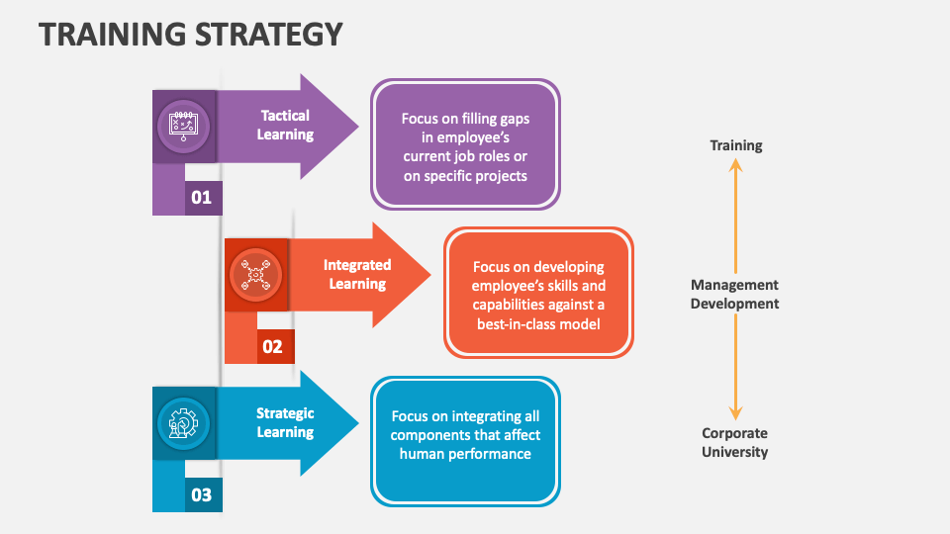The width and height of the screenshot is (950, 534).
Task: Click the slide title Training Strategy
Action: tap(190, 35)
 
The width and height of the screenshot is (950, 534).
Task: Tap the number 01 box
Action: tap(202, 198)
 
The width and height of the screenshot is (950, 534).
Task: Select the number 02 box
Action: tap(273, 347)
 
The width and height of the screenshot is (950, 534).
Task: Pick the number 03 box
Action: tap(202, 494)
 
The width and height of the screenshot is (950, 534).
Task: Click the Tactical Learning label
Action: tap(285, 125)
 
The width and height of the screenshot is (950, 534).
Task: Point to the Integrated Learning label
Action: tap(357, 274)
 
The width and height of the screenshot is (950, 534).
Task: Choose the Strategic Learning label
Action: tap(285, 423)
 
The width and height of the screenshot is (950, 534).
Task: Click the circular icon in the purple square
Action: tap(184, 126)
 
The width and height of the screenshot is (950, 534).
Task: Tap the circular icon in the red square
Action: tap(256, 274)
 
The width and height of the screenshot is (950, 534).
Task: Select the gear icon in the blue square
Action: tap(184, 423)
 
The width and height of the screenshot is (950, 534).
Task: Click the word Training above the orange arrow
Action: tap(735, 145)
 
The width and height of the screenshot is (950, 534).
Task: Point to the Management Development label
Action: tap(735, 294)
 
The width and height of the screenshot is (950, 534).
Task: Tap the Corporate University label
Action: tap(735, 442)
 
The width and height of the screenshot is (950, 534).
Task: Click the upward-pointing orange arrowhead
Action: tap(735, 167)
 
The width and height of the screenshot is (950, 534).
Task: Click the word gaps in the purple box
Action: tap(512, 119)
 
